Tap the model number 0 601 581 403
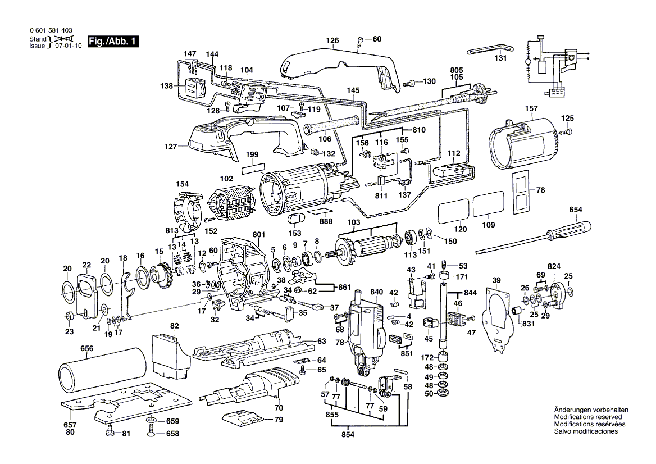(x=50, y=30)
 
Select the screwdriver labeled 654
(x=534, y=236)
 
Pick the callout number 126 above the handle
(x=333, y=40)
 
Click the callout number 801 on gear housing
(x=258, y=234)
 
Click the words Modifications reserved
(x=587, y=417)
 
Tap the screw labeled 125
(x=569, y=131)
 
